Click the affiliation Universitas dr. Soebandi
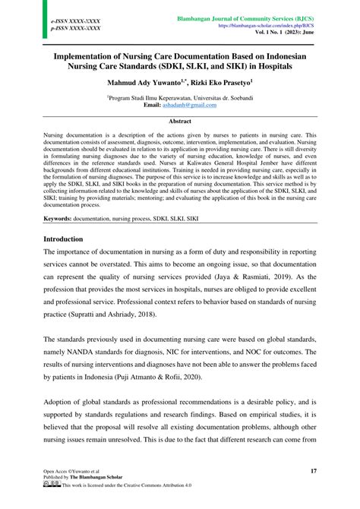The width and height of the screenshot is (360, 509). point(215,98)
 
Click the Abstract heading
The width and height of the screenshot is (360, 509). point(179,120)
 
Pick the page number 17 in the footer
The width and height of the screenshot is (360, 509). point(314,471)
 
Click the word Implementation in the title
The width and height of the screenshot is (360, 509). point(95,55)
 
